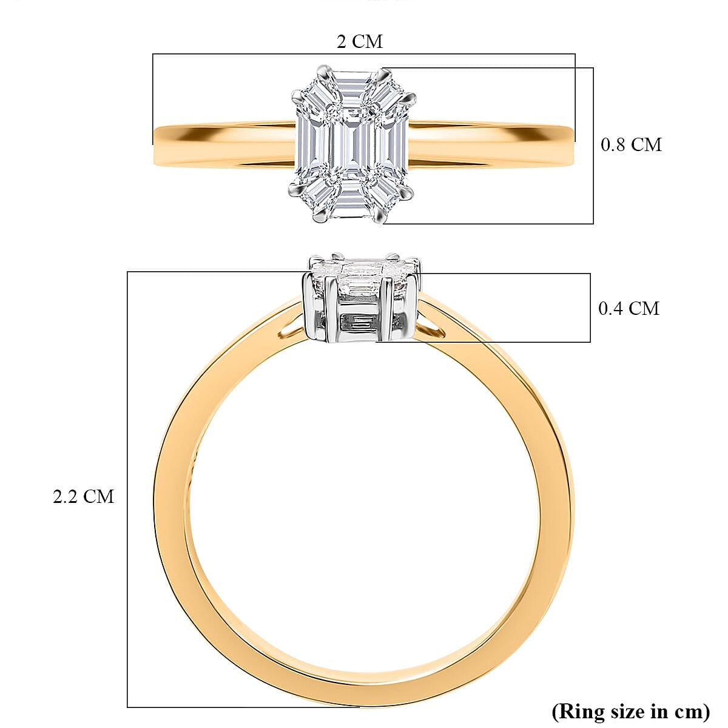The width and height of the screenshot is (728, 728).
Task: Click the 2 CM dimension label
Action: (360, 42)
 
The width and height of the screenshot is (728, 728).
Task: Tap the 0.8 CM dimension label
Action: (631, 144)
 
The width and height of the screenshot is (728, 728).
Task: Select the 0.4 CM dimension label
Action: (629, 308)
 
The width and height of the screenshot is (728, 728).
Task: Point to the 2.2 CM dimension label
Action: (83, 496)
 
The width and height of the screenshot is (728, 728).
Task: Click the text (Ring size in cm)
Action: (630, 710)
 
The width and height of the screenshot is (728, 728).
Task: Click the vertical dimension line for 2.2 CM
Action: (127, 485)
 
